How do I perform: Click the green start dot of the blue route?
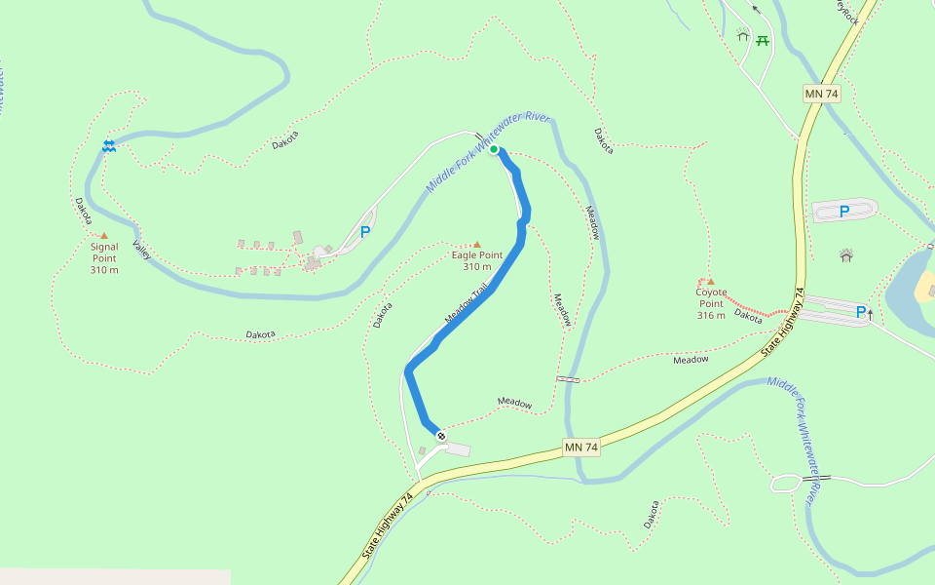(x=494, y=149)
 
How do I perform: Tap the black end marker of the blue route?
(x=441, y=435)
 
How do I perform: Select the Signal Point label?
(x=104, y=257)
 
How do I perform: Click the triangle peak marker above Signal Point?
(x=104, y=236)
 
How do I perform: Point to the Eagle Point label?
(x=477, y=261)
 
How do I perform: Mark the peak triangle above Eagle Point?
(x=476, y=245)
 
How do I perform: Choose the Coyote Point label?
(x=711, y=303)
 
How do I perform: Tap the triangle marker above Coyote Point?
(x=711, y=282)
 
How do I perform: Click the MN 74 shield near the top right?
(x=821, y=94)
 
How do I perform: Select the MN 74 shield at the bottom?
(x=580, y=448)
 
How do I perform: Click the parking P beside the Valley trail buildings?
(x=365, y=232)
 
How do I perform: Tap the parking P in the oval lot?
(x=844, y=211)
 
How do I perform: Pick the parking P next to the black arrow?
(x=860, y=312)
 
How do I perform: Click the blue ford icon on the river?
(x=109, y=145)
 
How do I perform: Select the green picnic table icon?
(x=763, y=40)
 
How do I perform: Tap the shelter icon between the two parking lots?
(x=845, y=255)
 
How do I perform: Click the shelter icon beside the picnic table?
(x=744, y=36)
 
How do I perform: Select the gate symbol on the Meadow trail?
(x=568, y=378)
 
